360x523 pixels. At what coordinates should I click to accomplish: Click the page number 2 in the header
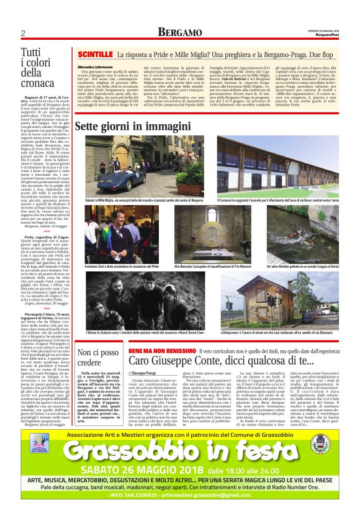[22, 32]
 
